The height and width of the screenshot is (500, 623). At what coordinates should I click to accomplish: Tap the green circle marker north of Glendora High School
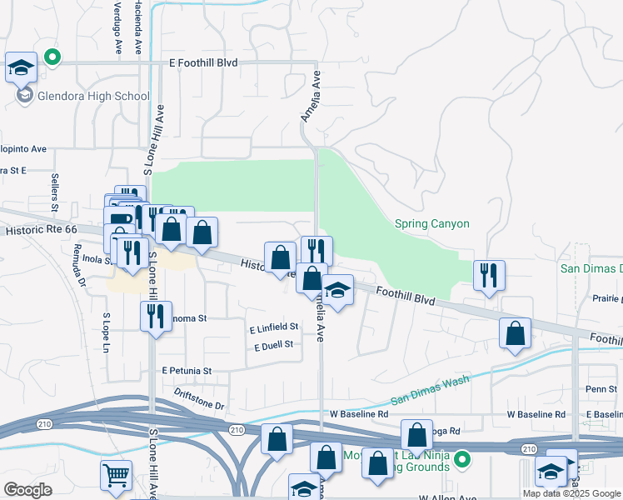pos(52,57)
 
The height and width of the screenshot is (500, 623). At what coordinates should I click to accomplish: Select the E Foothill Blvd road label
pos(203,62)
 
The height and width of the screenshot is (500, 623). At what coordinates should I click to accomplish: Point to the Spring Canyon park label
pos(431,224)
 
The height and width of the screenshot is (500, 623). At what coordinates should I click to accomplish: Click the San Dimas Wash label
pos(430,387)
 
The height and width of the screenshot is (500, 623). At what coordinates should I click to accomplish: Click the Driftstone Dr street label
pos(200,397)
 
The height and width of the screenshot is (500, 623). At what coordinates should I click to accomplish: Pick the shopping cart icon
pos(115,476)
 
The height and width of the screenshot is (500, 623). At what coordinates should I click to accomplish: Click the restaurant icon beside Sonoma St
pos(156,316)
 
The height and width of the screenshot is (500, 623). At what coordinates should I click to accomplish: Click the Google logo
pos(27,489)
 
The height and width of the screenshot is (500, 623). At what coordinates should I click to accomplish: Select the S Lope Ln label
pos(106,332)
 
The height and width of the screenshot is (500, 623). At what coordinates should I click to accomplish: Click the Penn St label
pos(601,389)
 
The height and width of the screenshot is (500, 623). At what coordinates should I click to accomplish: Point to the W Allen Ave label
pos(447,497)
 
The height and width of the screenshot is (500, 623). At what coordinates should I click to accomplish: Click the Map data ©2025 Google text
pos(572,493)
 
